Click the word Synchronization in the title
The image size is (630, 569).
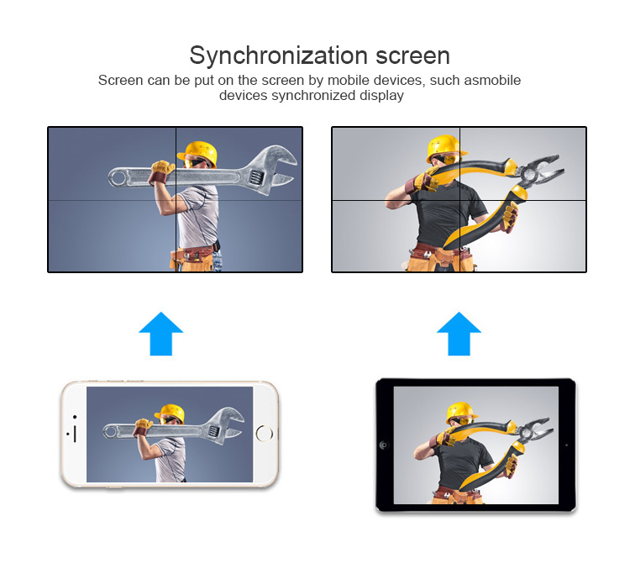point(278,56)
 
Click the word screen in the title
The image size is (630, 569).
point(412,56)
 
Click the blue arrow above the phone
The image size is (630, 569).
point(160,333)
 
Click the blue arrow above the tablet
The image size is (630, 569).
point(459,333)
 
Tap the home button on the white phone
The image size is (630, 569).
point(265,433)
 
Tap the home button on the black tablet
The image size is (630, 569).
point(384,445)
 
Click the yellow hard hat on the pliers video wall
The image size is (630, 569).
point(445,148)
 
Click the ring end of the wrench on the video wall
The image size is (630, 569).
point(118,177)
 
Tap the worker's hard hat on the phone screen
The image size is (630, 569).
point(171,413)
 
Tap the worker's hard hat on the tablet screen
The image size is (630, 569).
point(461,413)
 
